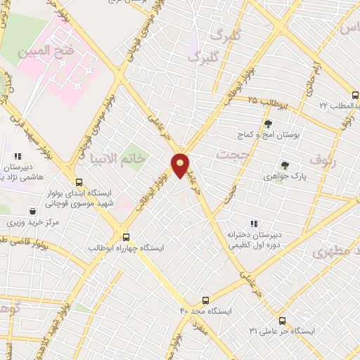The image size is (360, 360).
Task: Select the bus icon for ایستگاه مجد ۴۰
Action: pyautogui.click(x=205, y=300)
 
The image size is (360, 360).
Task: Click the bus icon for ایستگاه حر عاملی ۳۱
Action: pyautogui.click(x=282, y=320)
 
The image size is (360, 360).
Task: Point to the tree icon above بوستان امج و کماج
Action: pyautogui.click(x=268, y=124)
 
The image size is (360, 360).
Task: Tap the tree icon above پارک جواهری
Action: pyautogui.click(x=284, y=165)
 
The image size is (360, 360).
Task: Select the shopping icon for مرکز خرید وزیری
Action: pyautogui.click(x=32, y=211)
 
